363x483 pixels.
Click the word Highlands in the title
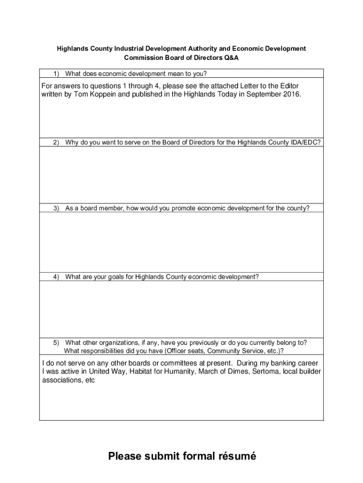tap(72, 49)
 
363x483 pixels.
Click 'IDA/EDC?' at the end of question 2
tap(306, 142)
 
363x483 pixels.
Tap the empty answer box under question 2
tap(181, 175)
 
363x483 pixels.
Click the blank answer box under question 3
tap(181, 241)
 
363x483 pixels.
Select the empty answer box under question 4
tap(181, 309)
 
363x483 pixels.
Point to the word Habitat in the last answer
tap(128, 372)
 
